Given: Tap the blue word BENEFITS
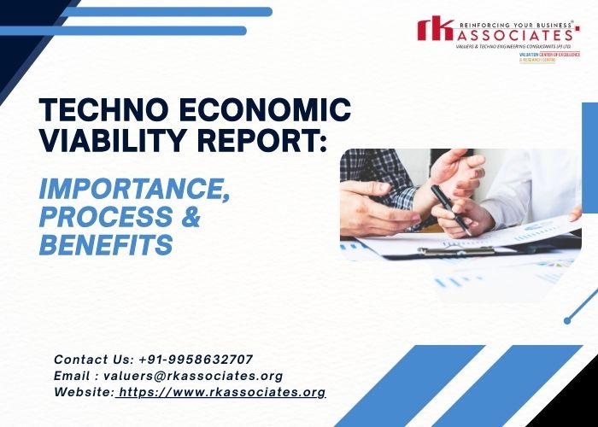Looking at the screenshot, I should [x=106, y=246].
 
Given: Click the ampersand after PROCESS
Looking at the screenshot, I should [x=190, y=216].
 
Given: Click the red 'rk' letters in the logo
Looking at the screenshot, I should [x=434, y=30].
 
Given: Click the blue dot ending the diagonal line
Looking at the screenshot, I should [x=567, y=320].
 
